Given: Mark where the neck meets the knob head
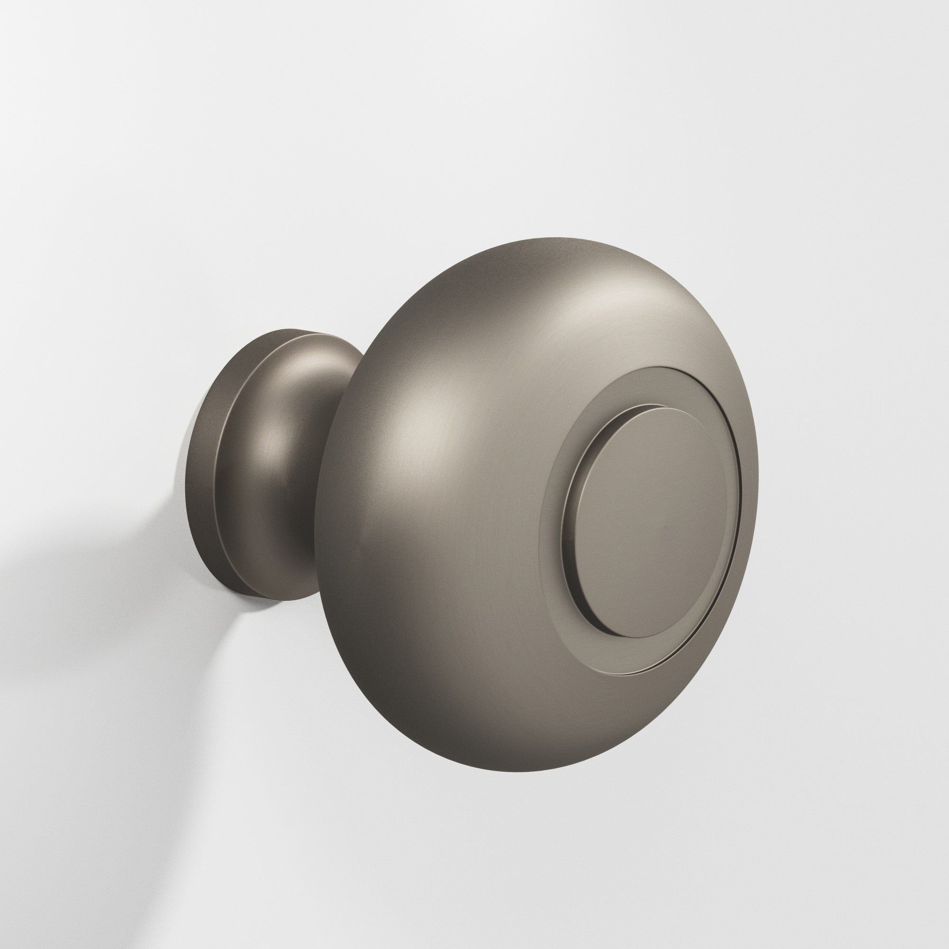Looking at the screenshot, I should coord(334,442).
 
